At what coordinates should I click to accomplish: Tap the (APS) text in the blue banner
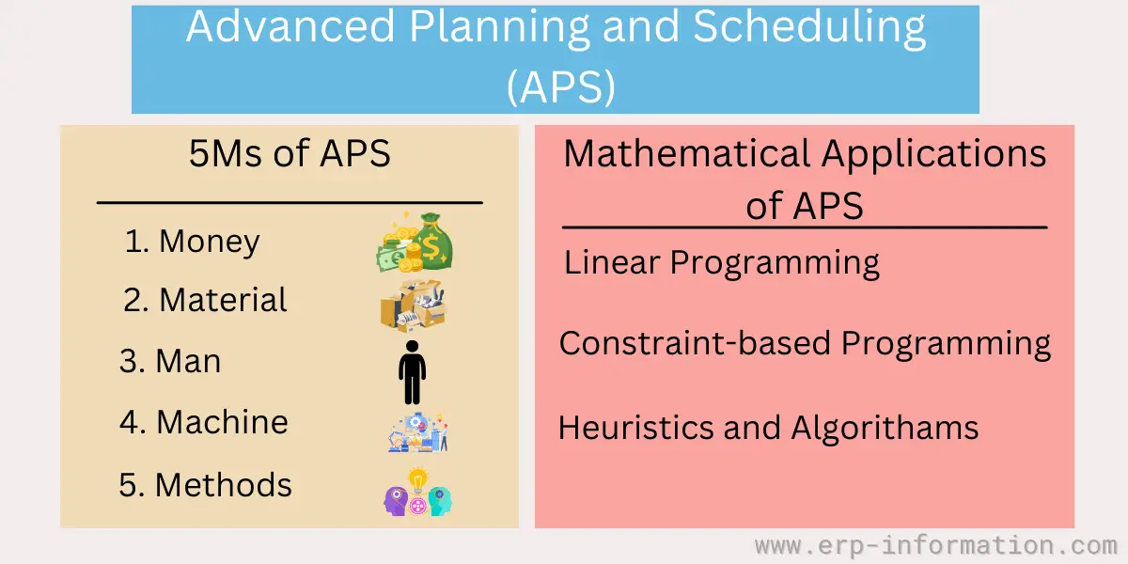[561, 87]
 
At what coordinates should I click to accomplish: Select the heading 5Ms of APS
[290, 153]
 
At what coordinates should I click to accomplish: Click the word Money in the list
[210, 242]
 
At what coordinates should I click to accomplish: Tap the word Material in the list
[223, 300]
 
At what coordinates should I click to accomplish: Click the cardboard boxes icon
[414, 305]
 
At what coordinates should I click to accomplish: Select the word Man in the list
[188, 361]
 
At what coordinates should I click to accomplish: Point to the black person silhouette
[413, 372]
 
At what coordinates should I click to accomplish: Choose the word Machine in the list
[222, 421]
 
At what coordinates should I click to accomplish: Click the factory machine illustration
[417, 432]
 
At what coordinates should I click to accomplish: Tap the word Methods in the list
[223, 485]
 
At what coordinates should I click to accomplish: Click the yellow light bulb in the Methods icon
[417, 480]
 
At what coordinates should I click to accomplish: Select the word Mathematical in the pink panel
[687, 153]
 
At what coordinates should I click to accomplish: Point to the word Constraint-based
[695, 343]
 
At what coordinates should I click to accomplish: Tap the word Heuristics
[636, 428]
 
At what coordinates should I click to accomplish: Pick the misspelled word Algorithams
[885, 429]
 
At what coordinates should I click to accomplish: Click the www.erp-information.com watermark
[935, 546]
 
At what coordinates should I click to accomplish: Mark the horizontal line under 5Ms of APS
[290, 202]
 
